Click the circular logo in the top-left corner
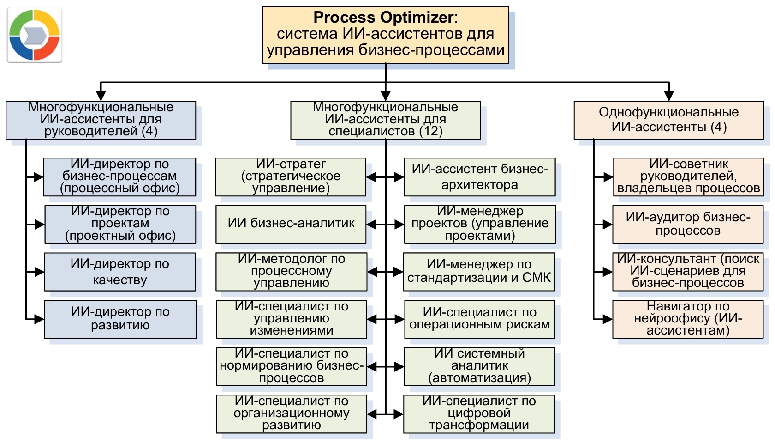coord(34,35)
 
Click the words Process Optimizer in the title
coord(383,18)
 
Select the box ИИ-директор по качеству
coord(120,272)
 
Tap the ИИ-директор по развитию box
coord(120,319)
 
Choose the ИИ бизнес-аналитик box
coord(291,224)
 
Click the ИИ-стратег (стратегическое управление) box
coord(291,177)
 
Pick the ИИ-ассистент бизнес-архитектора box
coord(480,177)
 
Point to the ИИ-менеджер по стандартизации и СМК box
coord(479,272)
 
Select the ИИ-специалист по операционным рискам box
coord(480,319)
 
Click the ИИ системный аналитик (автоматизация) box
coord(480,367)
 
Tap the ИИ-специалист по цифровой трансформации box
coord(479,414)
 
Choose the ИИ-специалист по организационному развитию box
coord(292,414)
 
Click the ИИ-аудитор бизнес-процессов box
coord(688,224)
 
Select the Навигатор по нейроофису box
coord(688,319)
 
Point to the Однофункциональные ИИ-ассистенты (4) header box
coord(669,120)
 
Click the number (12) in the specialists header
coord(431,131)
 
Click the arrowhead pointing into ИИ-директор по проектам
coord(40,225)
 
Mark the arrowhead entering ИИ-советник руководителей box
coord(608,177)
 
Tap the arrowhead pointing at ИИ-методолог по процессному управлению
coord(372,272)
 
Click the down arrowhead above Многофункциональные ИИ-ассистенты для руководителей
coord(101,96)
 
